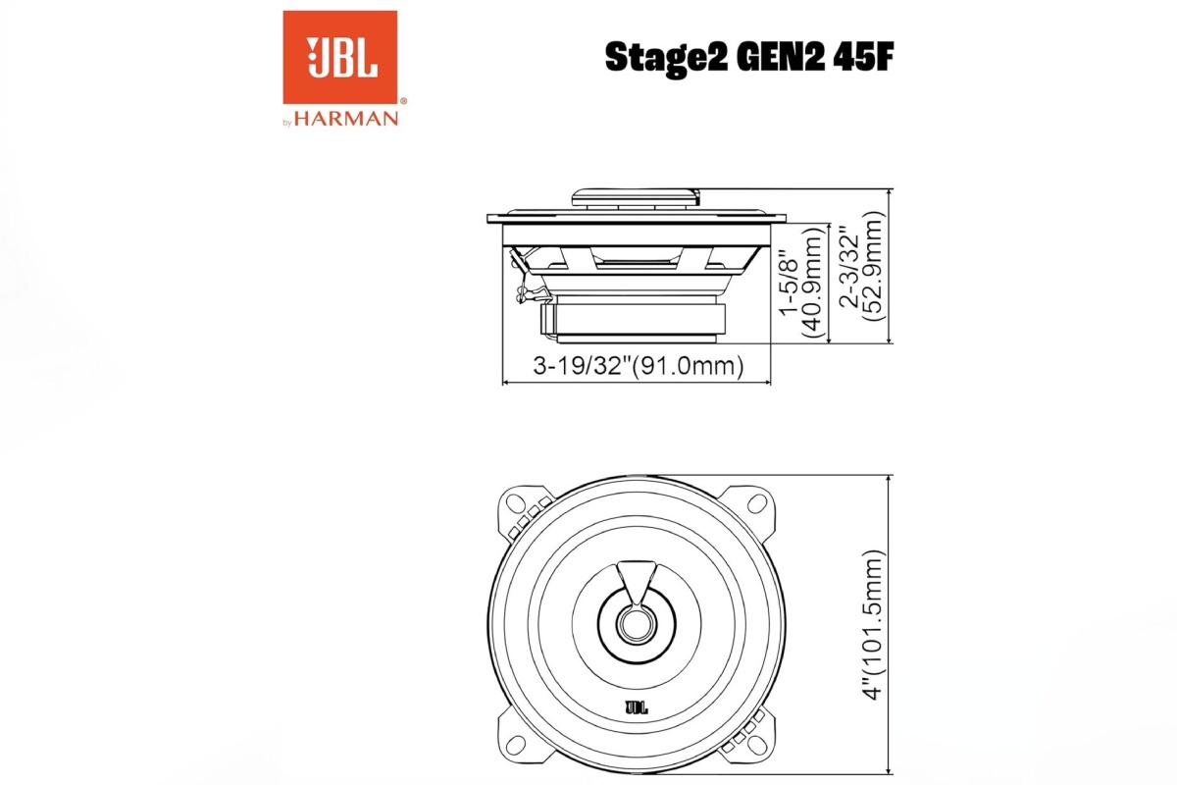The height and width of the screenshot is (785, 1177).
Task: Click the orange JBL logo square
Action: coord(340,57)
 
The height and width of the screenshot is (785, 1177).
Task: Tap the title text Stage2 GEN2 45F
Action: coord(749,58)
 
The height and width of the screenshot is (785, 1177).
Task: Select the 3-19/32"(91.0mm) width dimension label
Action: coord(638,367)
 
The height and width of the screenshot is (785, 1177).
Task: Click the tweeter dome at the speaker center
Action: coord(637,623)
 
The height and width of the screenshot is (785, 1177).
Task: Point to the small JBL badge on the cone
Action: coord(637,705)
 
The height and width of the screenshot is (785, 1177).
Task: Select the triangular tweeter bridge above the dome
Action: coord(637,579)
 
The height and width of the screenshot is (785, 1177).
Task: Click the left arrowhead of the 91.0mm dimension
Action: coord(506,382)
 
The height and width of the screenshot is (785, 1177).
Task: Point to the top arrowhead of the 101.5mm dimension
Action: coord(889,480)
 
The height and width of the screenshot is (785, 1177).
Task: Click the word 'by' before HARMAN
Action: coord(287,122)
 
